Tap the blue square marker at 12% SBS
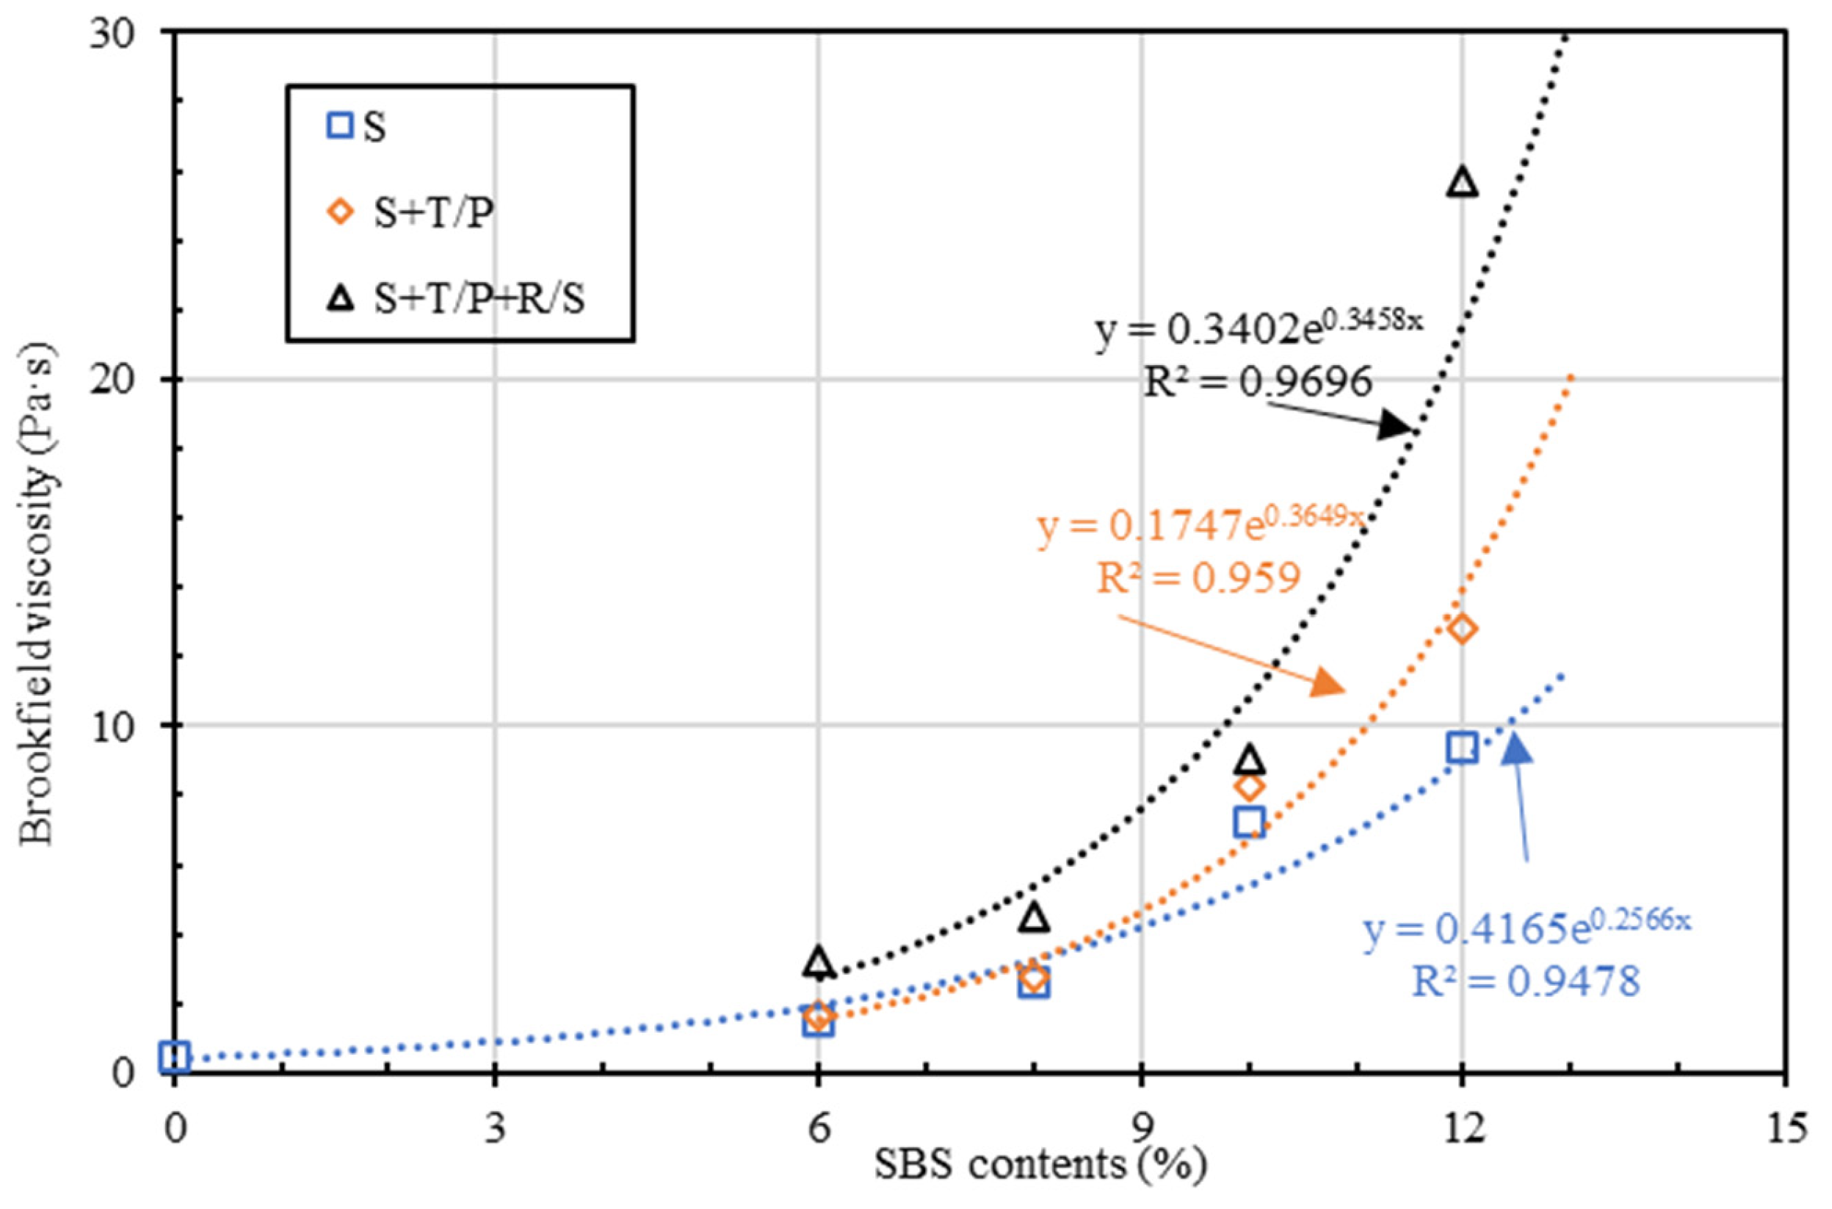tap(1461, 747)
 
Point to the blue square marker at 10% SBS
tap(1248, 822)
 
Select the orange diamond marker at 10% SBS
tap(1248, 787)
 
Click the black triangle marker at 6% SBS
tap(819, 962)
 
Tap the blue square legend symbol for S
tap(340, 126)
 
